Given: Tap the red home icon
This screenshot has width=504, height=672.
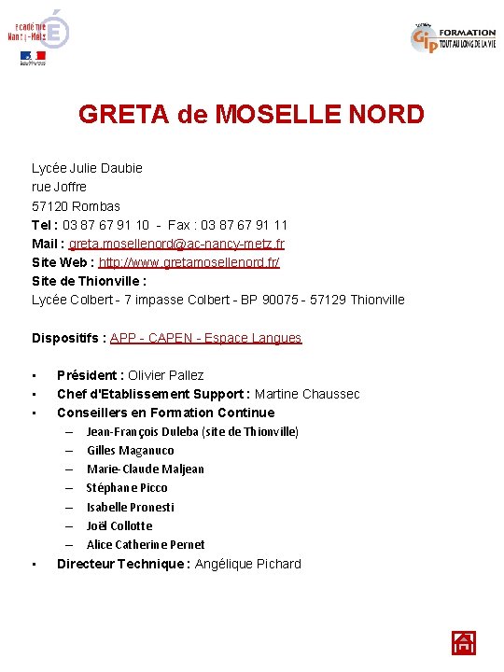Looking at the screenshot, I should [464, 643].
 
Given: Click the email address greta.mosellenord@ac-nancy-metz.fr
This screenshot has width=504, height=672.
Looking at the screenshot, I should [176, 244].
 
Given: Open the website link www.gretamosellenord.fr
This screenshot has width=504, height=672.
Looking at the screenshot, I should [189, 262].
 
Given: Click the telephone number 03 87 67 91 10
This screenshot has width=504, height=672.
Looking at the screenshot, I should [105, 225].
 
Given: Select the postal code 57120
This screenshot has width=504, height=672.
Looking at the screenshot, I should [50, 205].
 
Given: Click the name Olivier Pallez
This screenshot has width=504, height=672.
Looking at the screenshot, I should [165, 375].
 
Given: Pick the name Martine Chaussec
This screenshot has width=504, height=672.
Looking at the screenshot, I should [306, 394].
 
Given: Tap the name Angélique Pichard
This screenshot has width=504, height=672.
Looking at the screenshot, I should [247, 564].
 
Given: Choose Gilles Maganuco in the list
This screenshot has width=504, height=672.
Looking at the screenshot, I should [130, 451].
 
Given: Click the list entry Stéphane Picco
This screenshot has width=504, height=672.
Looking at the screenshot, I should [127, 488].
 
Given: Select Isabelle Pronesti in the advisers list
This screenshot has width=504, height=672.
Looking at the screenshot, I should [131, 507].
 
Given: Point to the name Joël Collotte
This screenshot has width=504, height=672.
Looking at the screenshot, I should [119, 525].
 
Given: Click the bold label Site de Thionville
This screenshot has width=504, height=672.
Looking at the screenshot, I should [89, 281].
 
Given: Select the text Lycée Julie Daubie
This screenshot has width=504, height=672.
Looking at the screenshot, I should [87, 168].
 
